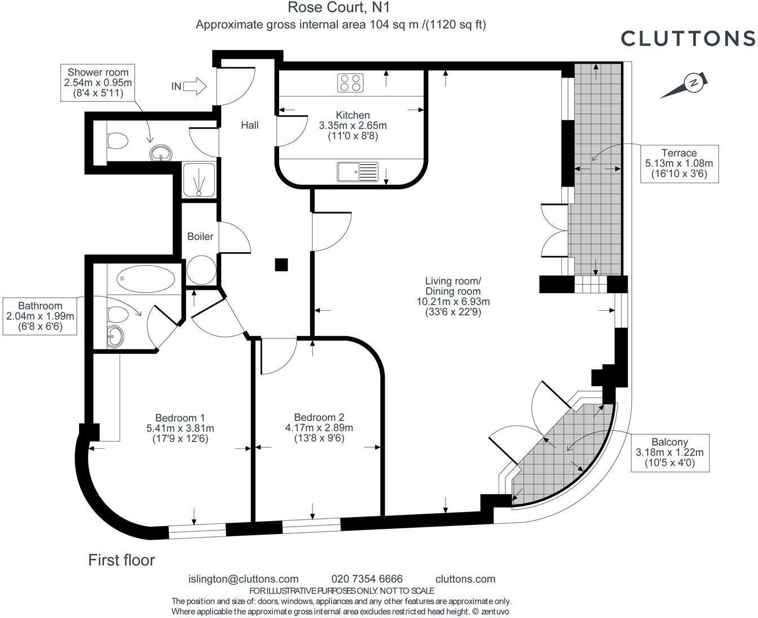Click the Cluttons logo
(x=688, y=38)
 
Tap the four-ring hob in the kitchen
(x=350, y=83)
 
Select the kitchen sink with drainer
(x=358, y=172)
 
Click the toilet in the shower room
(x=117, y=140)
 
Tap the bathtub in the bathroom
(x=146, y=279)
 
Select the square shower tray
(x=199, y=180)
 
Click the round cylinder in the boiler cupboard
(x=201, y=270)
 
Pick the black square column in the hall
(x=281, y=265)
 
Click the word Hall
(x=250, y=125)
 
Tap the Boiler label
(x=200, y=236)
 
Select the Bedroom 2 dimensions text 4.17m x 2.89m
(x=319, y=428)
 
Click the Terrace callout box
(x=679, y=164)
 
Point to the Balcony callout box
(x=670, y=453)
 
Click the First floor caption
(x=121, y=560)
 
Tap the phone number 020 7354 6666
(x=367, y=579)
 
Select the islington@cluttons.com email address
(x=243, y=579)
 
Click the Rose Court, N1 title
(x=338, y=7)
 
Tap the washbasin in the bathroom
(x=115, y=336)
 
